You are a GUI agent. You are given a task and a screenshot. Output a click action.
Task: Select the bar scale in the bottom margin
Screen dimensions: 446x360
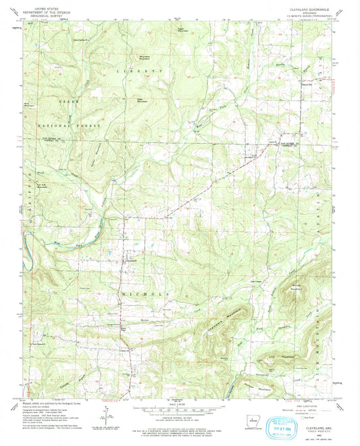(180, 410)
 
